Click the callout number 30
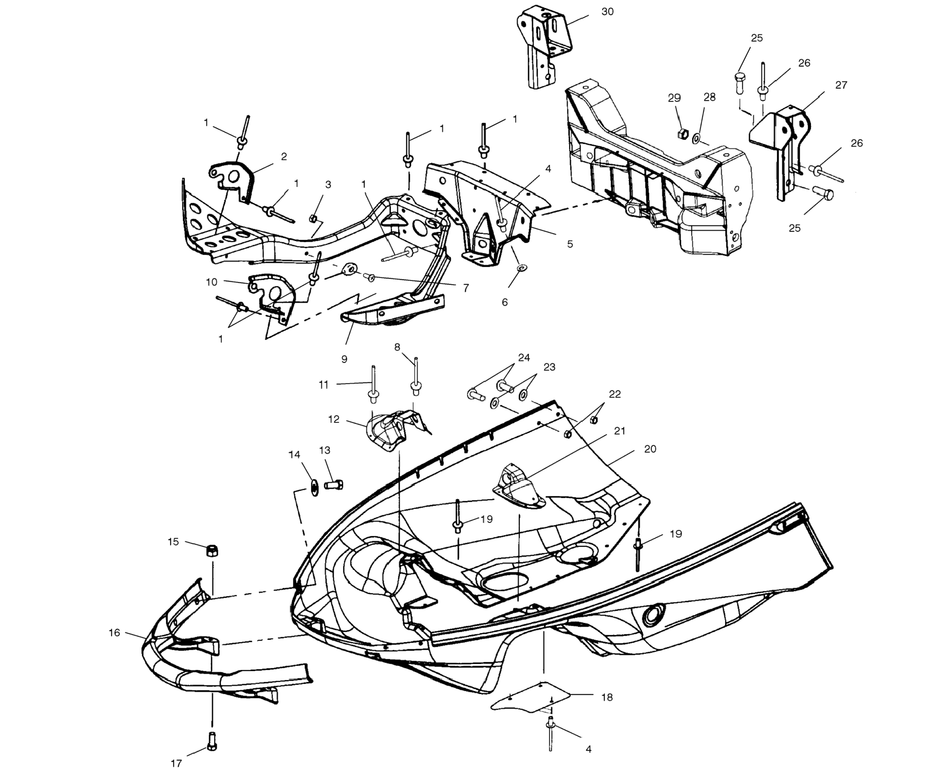click(607, 12)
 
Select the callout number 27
click(841, 85)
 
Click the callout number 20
click(650, 449)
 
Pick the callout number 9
click(344, 359)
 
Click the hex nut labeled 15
click(212, 550)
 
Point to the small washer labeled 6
click(521, 268)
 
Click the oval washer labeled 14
click(314, 488)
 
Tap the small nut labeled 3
click(313, 218)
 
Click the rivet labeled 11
click(373, 384)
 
